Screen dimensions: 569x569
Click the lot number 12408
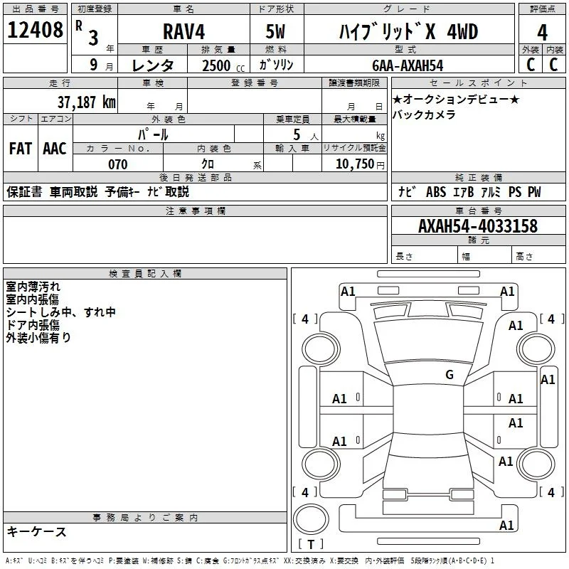pyautogui.click(x=35, y=29)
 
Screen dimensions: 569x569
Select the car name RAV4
pyautogui.click(x=184, y=31)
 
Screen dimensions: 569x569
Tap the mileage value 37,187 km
pyautogui.click(x=86, y=102)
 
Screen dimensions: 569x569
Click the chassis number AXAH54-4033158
pyautogui.click(x=477, y=225)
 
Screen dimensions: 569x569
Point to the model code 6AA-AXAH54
pyautogui.click(x=408, y=65)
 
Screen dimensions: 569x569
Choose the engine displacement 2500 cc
pyautogui.click(x=223, y=65)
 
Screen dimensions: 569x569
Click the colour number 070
pyautogui.click(x=118, y=164)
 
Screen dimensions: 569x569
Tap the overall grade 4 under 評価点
pyautogui.click(x=542, y=33)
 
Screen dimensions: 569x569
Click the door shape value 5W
pyautogui.click(x=275, y=31)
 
